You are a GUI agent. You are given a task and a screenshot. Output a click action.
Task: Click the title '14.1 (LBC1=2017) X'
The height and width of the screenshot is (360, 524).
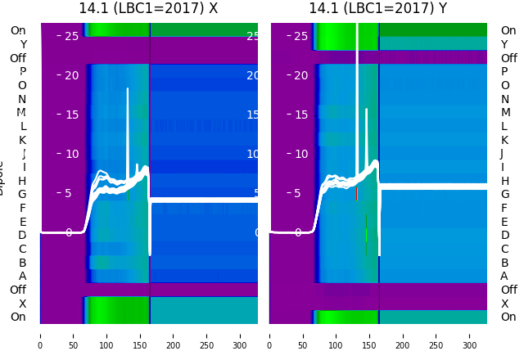coord(148,8)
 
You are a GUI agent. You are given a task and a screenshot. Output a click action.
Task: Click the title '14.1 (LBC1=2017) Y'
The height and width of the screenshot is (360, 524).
coord(377,8)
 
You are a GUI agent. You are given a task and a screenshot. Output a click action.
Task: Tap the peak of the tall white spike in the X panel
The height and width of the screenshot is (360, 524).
coord(128,88)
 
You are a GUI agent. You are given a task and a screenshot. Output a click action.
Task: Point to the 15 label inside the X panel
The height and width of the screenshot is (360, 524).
coord(72,115)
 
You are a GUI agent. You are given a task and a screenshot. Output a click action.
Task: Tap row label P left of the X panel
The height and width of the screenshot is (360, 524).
coord(22,72)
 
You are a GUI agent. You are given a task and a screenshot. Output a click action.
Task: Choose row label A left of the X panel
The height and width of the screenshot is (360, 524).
coord(22,277)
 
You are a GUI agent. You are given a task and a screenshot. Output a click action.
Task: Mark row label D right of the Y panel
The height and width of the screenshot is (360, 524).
coord(504,236)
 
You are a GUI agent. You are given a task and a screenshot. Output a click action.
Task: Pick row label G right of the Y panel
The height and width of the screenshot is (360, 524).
coord(504,195)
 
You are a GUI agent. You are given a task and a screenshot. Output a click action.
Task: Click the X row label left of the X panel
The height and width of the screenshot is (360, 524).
coord(22,304)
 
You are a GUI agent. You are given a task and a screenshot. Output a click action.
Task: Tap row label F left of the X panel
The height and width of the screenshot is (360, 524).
coord(22,208)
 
